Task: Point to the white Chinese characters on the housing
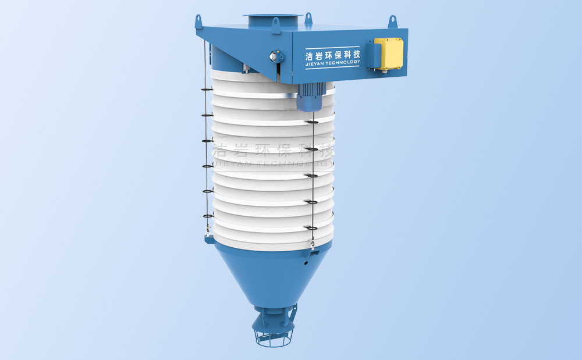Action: (x=332, y=55)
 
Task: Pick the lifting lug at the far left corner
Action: (x=198, y=22)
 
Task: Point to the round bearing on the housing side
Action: (x=275, y=56)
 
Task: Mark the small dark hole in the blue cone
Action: (x=304, y=263)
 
